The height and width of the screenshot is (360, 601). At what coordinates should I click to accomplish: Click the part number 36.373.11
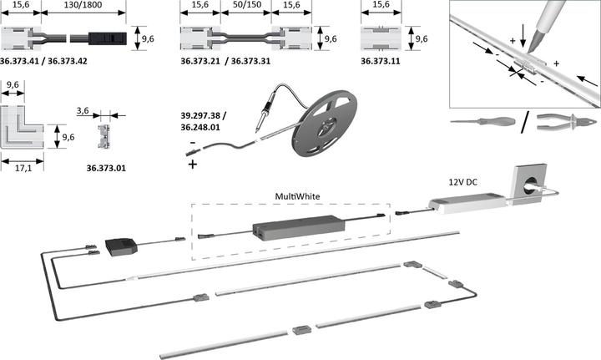[x=381, y=61]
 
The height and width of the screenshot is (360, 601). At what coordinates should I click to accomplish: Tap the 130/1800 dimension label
[x=83, y=5]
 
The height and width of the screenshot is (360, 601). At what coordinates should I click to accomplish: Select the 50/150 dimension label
[x=247, y=5]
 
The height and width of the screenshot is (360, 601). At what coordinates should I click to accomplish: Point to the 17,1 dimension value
[x=23, y=168]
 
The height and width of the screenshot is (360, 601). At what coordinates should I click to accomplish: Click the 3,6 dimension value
[x=83, y=111]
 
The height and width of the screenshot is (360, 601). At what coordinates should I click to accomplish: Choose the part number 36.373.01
[x=106, y=168]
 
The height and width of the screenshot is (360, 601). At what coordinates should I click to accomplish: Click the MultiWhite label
[x=297, y=196]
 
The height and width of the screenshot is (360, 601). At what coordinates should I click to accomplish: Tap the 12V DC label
[x=463, y=182]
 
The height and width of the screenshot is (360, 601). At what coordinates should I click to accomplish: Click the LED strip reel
[x=325, y=123]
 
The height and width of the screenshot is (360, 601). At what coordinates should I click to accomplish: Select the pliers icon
[x=567, y=122]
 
